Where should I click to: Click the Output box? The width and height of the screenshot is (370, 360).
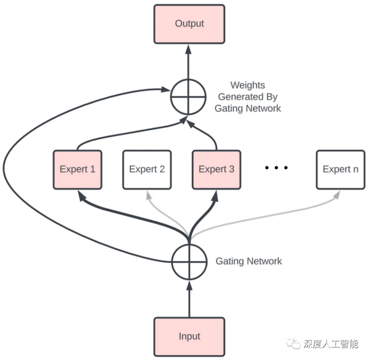point(189,24)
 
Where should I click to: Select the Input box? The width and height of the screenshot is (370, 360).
point(189,336)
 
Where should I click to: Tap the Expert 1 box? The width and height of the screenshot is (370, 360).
point(78,169)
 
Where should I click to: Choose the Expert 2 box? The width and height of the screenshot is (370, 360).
point(147,169)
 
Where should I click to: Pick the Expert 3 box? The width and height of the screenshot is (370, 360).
point(216,169)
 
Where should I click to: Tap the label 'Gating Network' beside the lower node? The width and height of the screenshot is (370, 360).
point(249,261)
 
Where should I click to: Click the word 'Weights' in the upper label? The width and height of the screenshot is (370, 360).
point(247,85)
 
